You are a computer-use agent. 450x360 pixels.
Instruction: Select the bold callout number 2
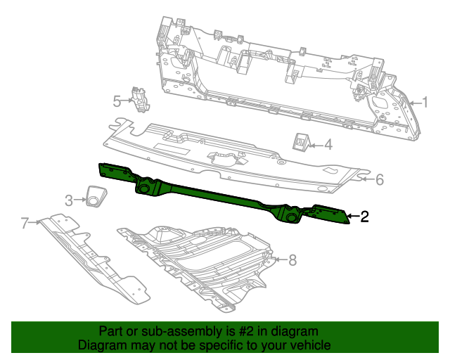tap(364, 216)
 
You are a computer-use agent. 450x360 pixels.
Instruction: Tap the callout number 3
tap(69, 200)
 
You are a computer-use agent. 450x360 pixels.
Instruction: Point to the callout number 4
tap(328, 144)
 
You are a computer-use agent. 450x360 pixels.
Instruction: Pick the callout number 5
tap(117, 101)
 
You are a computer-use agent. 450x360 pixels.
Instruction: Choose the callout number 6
tap(380, 179)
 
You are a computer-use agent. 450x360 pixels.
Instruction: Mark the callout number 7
tap(25, 222)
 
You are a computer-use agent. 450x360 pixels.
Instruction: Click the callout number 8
tap(292, 260)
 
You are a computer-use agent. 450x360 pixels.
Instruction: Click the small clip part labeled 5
tap(141, 99)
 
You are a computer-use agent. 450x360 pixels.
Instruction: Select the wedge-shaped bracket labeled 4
tap(301, 142)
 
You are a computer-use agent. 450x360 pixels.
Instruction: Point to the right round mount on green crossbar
tap(292, 218)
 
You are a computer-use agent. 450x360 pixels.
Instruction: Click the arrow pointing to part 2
tap(353, 216)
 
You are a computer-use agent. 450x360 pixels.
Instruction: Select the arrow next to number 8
tap(281, 260)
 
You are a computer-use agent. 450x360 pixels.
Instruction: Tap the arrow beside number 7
tap(35, 222)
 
